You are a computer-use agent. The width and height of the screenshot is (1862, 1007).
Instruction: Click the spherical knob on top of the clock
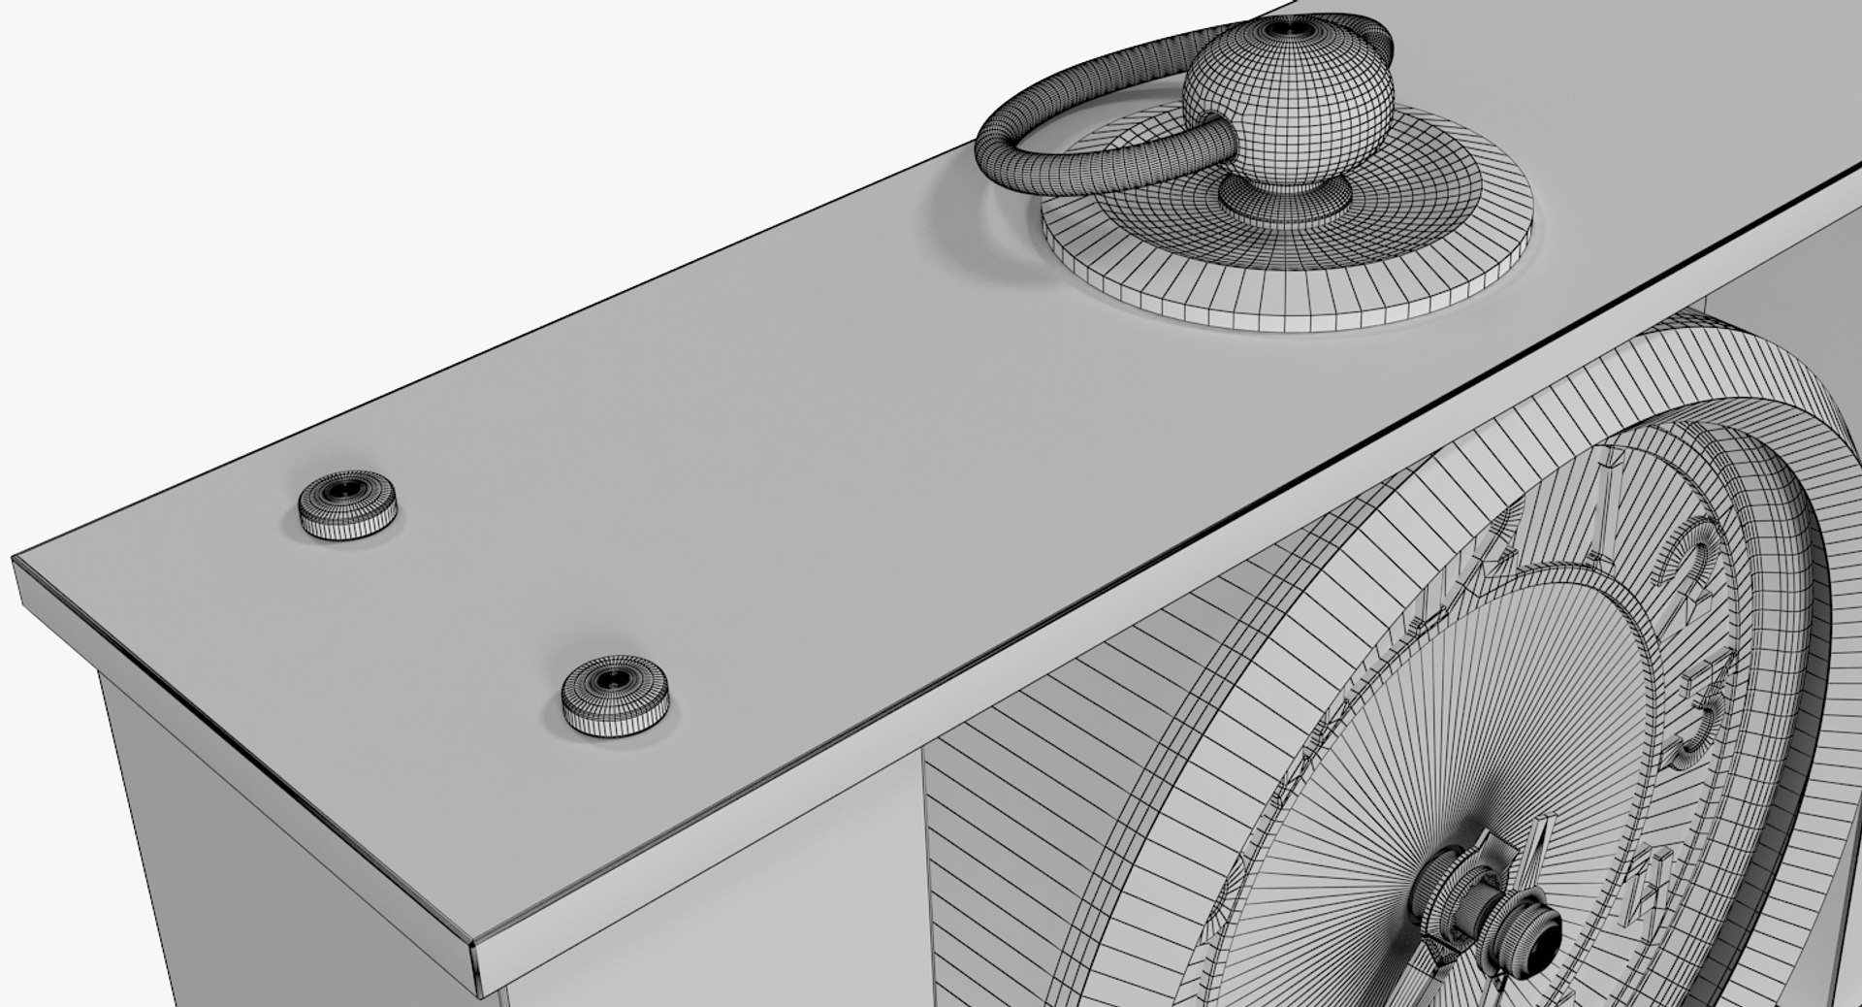click(x=1289, y=107)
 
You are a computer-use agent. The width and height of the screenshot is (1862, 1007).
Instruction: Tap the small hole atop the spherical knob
click(x=1285, y=30)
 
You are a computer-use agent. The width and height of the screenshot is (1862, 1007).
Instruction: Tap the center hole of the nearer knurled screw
click(x=614, y=680)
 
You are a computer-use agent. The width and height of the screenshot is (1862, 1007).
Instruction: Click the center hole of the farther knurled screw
click(x=345, y=488)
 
